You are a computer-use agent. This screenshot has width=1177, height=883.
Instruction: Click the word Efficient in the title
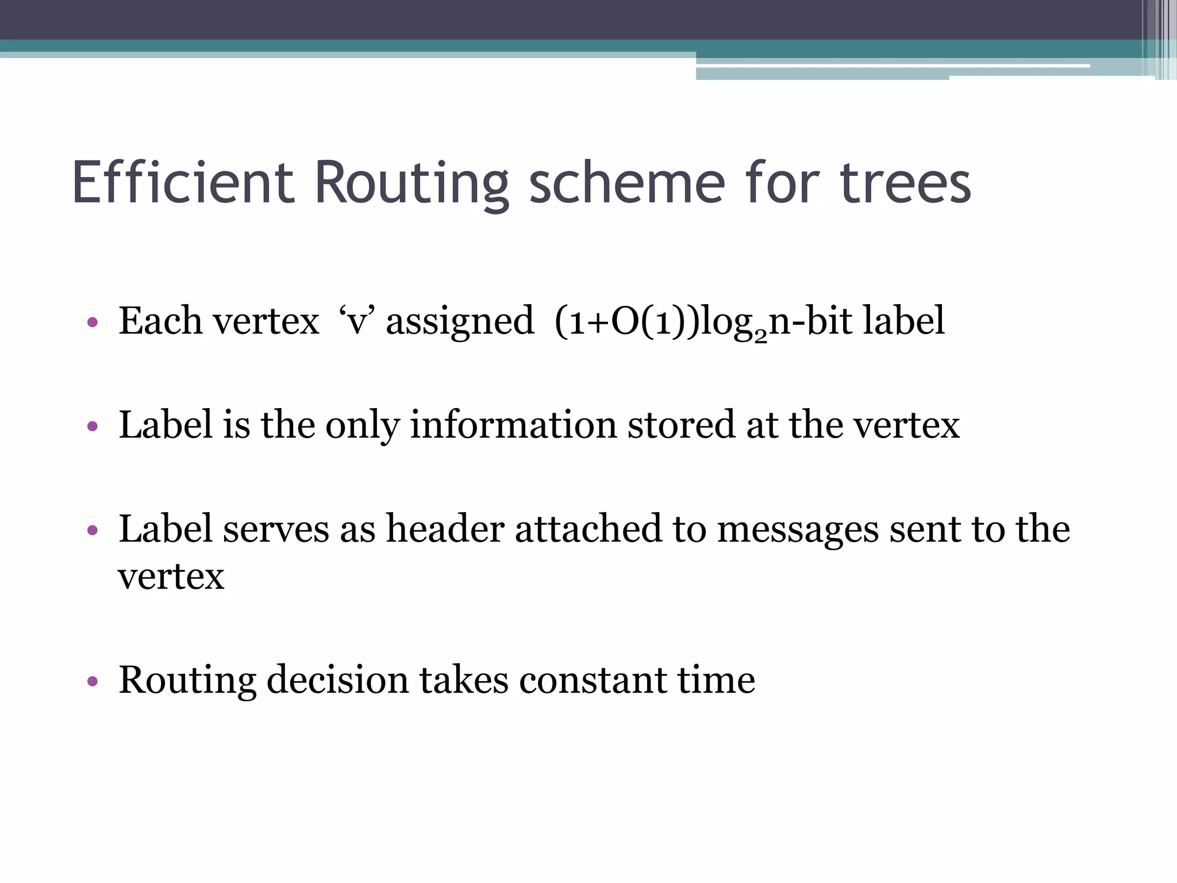183,183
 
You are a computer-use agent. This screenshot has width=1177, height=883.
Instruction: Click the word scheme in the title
626,183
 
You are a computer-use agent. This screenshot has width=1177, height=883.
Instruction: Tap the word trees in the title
905,183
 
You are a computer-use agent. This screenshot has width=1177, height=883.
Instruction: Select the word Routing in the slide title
411,183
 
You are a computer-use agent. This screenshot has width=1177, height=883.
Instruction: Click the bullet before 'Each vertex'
93,323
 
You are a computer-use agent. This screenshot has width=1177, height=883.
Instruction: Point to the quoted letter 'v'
357,321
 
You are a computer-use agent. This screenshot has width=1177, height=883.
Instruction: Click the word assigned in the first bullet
460,321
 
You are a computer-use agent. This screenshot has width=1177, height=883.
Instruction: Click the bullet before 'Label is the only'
93,427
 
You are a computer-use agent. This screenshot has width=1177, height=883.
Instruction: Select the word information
513,425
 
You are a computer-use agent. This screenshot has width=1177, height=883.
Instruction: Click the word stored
681,425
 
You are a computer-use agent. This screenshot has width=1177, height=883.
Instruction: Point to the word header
445,529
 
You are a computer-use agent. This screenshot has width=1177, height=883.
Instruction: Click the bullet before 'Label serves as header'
93,530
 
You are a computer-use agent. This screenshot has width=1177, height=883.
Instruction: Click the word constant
593,680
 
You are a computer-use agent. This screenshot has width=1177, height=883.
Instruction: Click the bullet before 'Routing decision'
93,682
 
